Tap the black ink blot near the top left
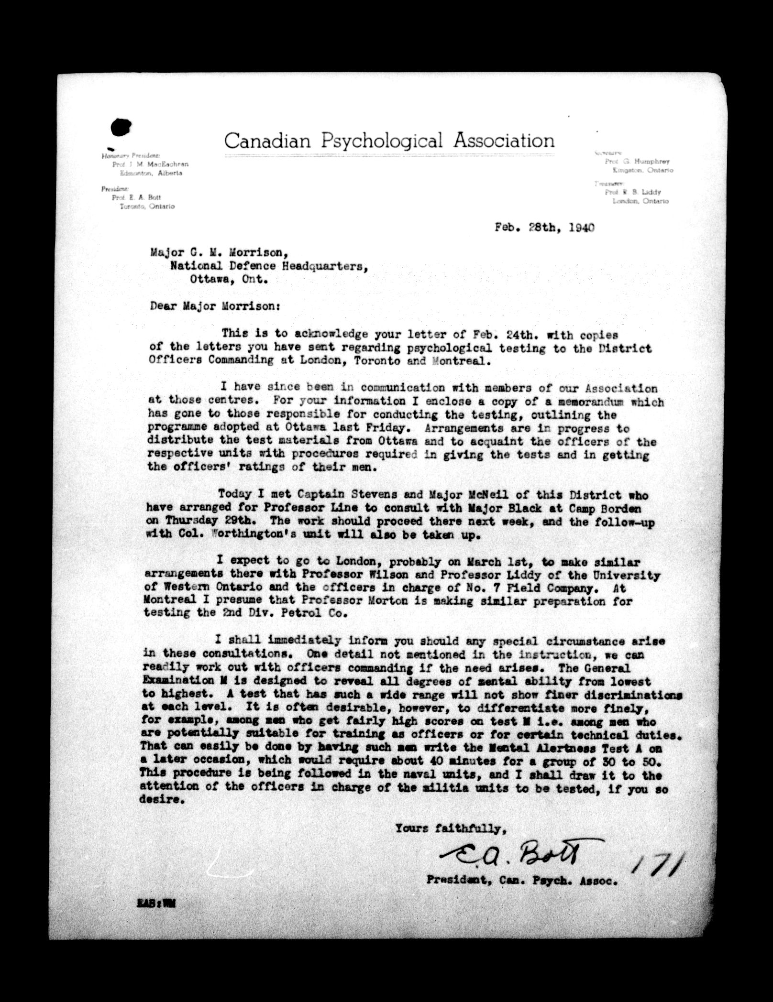click(x=121, y=127)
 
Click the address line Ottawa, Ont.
click(x=228, y=280)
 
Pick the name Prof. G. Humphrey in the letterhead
click(x=637, y=162)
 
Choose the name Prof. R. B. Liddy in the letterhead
click(x=632, y=192)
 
